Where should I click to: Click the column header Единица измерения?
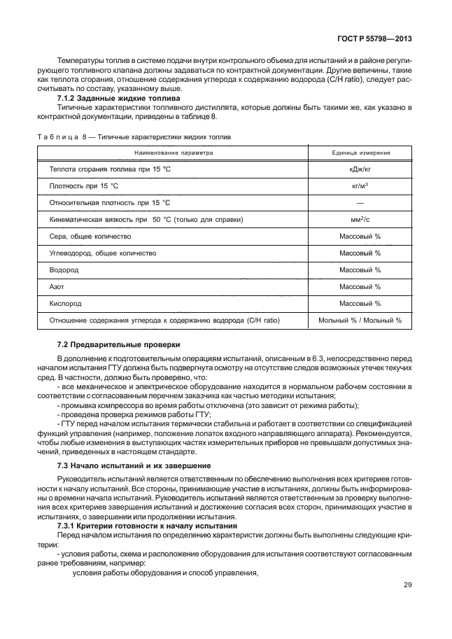(360, 153)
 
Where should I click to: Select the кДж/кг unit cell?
(360, 170)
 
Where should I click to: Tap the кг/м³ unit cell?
(360, 187)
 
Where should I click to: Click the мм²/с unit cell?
(360, 220)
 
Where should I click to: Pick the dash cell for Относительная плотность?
(360, 203)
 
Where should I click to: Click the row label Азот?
(57, 287)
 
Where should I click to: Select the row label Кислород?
(64, 304)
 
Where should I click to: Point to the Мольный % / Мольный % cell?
(360, 321)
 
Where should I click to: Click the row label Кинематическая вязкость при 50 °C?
(146, 220)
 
